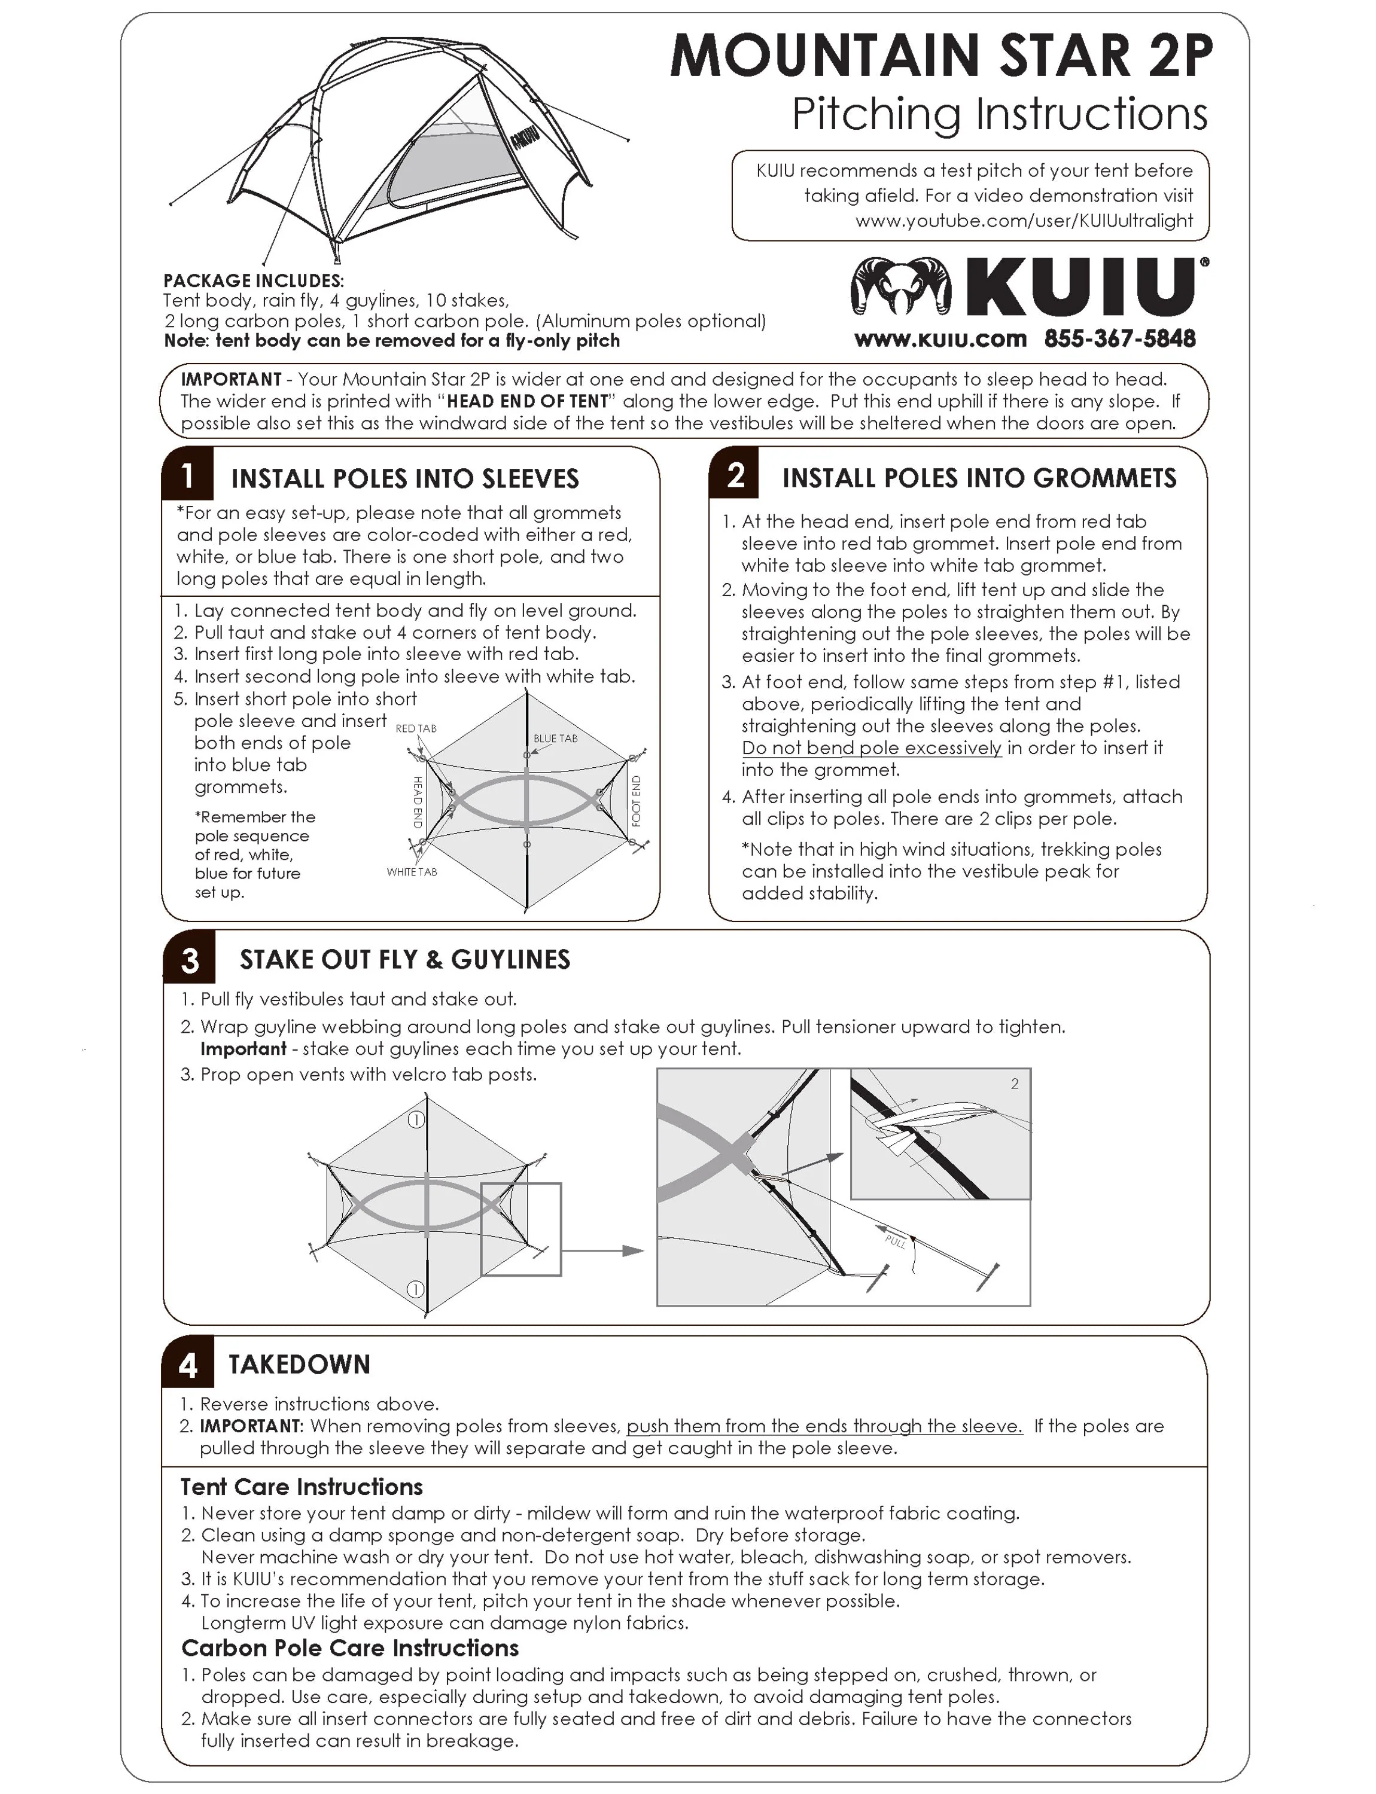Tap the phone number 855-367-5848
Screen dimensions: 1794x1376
point(1119,339)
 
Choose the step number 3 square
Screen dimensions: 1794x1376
point(189,959)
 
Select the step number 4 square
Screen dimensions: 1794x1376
point(188,1364)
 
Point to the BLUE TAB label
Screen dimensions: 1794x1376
point(555,739)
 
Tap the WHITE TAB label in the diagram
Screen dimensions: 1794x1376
point(412,872)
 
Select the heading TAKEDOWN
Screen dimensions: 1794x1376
point(299,1364)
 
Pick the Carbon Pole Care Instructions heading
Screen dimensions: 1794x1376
point(350,1647)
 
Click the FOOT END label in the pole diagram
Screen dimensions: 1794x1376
point(637,801)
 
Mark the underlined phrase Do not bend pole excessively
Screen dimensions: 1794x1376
point(872,747)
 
